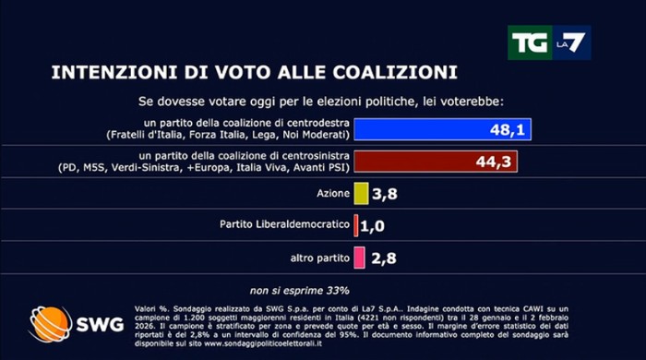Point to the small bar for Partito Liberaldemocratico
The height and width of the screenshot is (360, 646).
point(355,224)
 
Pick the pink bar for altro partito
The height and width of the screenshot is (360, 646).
point(359,256)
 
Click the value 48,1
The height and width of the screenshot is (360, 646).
point(508,130)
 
